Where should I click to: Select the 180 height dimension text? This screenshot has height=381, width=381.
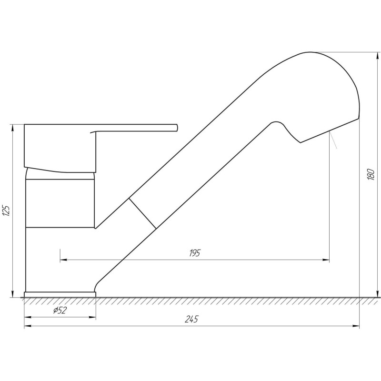coord(371,174)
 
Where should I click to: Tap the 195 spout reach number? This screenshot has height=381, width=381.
coord(195,253)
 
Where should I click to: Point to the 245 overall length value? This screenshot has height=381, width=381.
coord(191,319)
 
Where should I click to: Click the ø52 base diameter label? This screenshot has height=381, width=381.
coord(60,310)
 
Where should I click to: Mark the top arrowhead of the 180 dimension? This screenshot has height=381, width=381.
coord(377,55)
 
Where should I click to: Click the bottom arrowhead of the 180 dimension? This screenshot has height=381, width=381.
coord(377,294)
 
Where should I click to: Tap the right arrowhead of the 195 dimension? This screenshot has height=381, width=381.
coord(326,260)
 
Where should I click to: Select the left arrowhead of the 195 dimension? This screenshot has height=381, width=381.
coord(64,260)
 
